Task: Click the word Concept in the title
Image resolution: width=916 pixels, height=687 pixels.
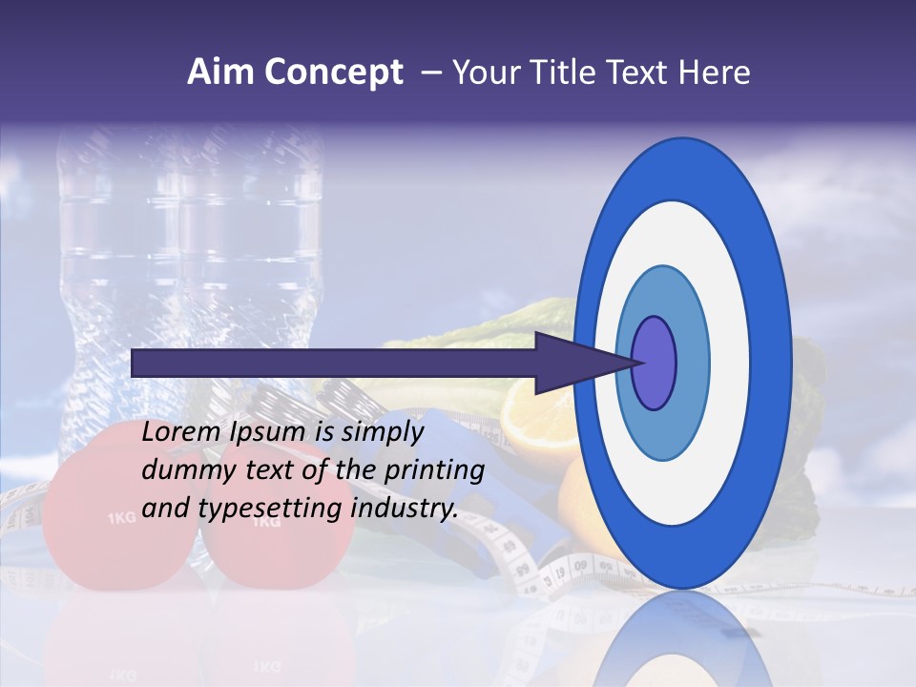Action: coord(333,73)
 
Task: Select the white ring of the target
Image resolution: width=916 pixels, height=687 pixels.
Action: coord(725,363)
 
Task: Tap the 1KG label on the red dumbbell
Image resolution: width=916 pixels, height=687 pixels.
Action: coord(122,519)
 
